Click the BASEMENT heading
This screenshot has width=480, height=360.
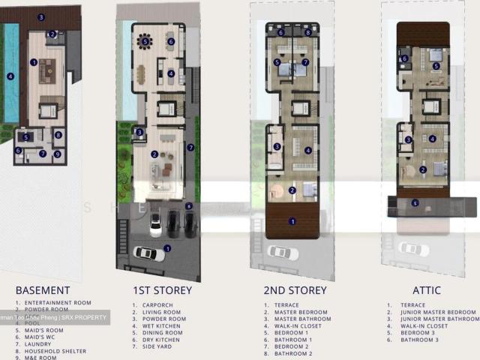(x=43, y=290)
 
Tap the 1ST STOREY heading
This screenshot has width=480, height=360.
(x=162, y=290)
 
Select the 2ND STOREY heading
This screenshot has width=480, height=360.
(x=295, y=290)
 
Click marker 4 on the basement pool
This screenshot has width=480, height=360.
(x=10, y=76)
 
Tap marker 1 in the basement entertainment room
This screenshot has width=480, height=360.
(x=34, y=62)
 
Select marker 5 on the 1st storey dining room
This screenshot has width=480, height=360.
(x=145, y=42)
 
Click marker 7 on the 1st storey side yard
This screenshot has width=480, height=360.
(x=190, y=148)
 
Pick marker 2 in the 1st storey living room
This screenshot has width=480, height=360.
(x=154, y=154)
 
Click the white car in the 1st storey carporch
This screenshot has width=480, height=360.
(x=148, y=253)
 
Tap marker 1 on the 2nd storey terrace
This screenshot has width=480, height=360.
(x=292, y=220)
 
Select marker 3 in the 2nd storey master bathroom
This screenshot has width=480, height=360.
(x=277, y=147)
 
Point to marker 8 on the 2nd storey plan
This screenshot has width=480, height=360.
(x=307, y=33)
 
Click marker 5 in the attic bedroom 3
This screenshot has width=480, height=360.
(x=436, y=66)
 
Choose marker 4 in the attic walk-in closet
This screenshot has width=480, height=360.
(x=432, y=138)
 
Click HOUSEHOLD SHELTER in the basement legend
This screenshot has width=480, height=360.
(x=49, y=351)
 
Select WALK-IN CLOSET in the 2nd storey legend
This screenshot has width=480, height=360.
(x=293, y=325)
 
